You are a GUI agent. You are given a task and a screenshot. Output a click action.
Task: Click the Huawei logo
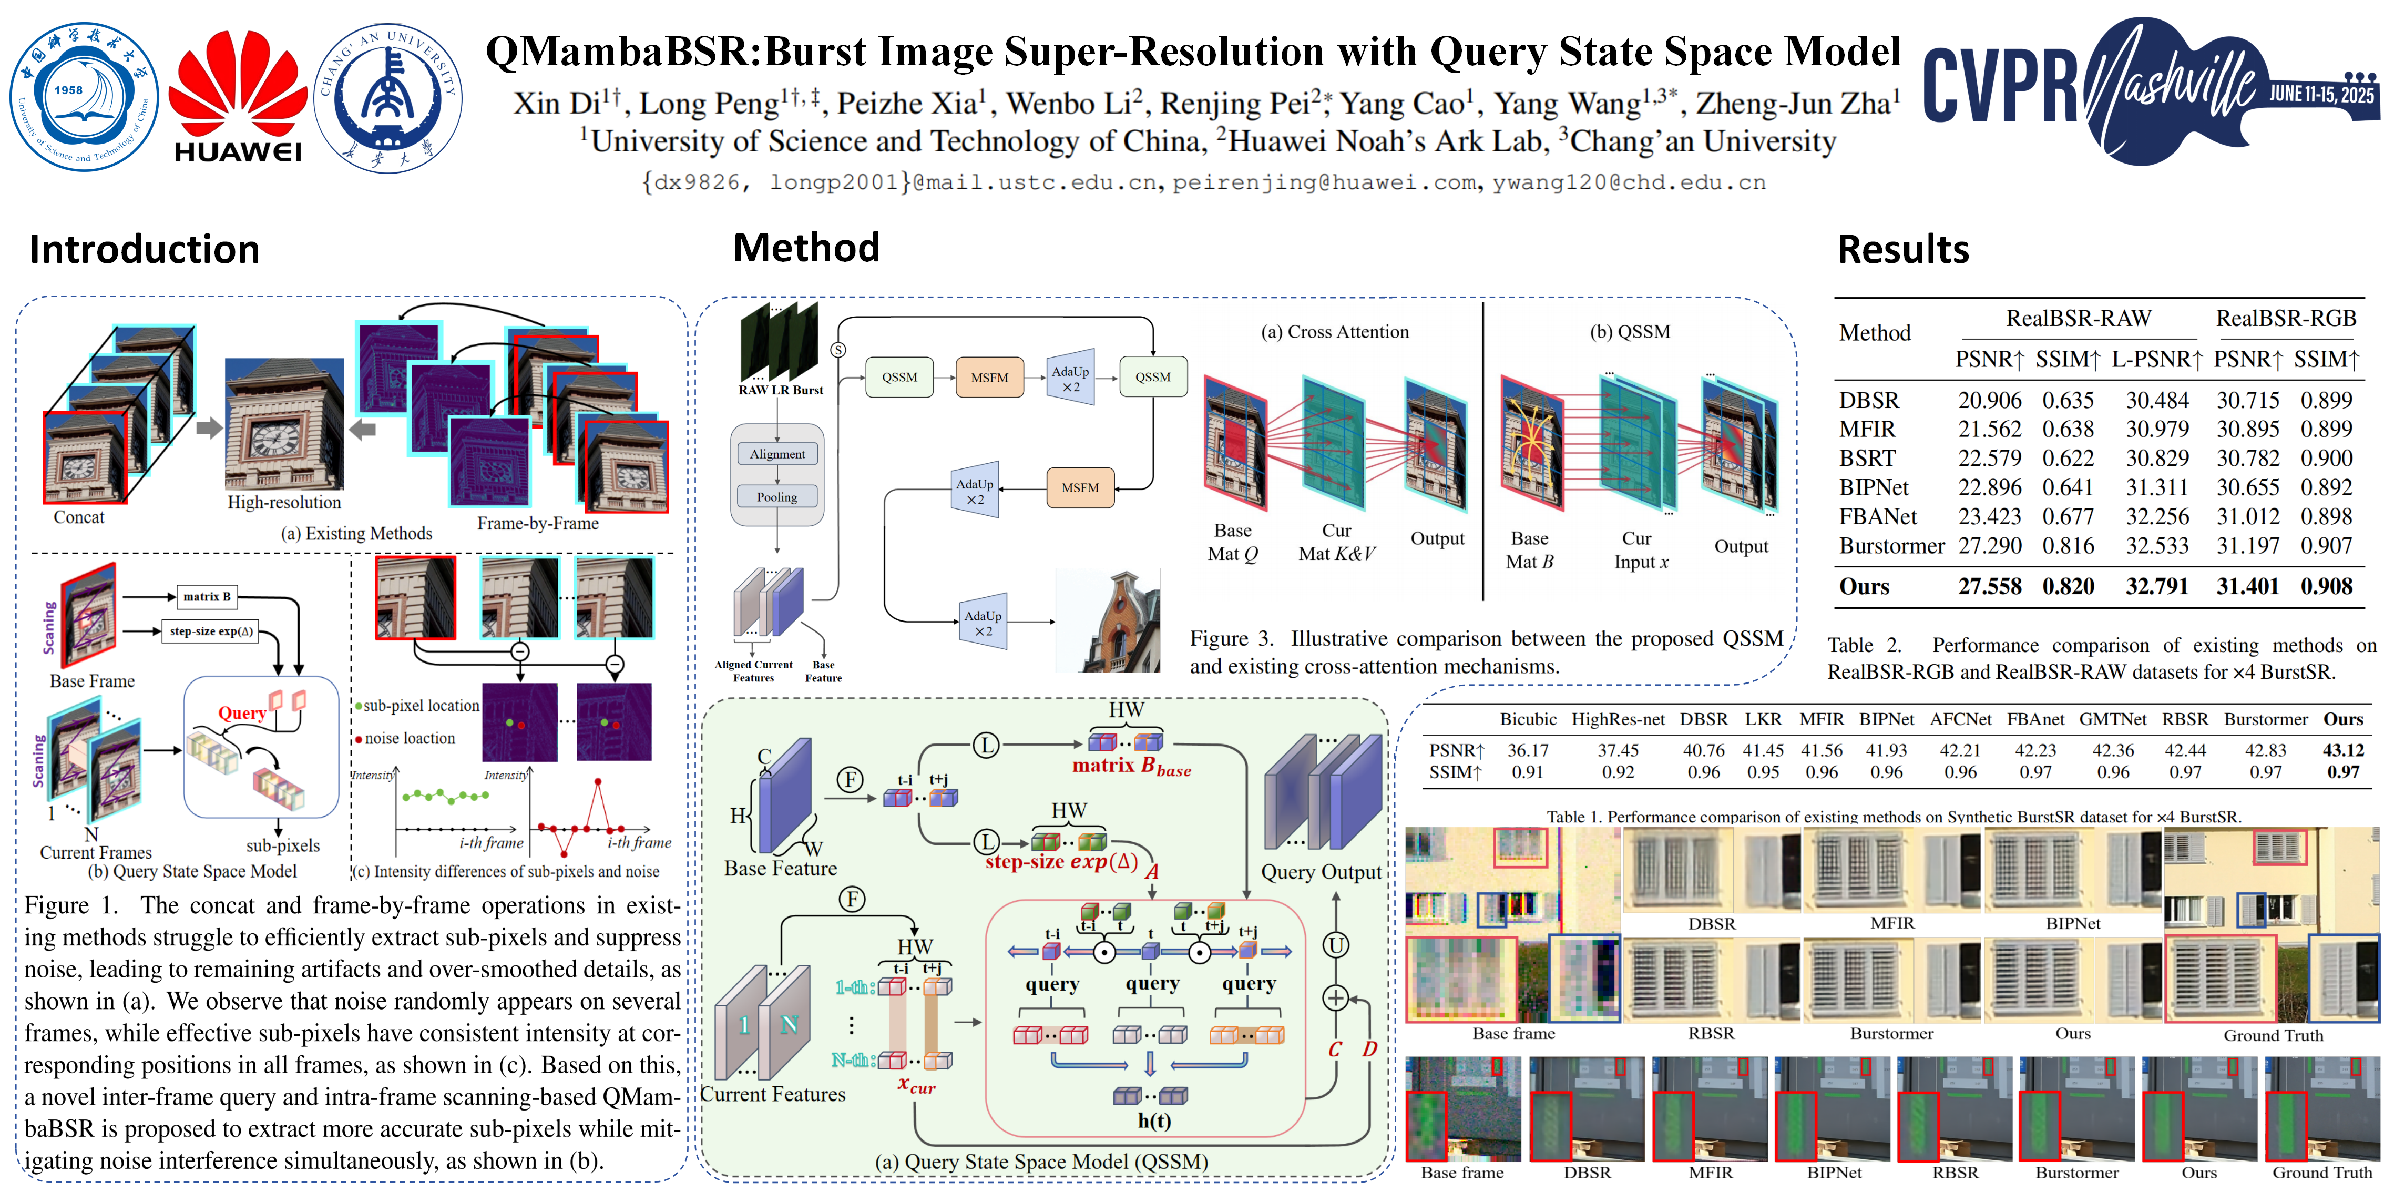(x=237, y=97)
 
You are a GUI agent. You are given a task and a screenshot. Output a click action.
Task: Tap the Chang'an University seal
(x=388, y=97)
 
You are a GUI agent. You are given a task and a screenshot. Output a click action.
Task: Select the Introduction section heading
(x=145, y=250)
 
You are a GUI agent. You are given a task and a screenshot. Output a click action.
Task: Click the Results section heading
(x=1903, y=250)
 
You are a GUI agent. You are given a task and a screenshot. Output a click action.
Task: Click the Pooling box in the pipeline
(x=777, y=497)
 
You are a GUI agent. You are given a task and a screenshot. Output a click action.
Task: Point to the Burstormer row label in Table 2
(x=1891, y=546)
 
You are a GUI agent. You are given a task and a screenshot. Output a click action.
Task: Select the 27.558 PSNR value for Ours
(x=1990, y=587)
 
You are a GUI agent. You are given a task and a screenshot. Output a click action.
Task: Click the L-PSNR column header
(x=2156, y=359)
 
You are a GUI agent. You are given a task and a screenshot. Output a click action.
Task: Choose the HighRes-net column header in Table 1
(x=1618, y=719)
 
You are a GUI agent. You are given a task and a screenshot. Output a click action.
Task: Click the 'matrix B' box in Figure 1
(x=207, y=597)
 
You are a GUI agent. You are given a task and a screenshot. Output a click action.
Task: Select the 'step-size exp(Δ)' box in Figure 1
(x=211, y=631)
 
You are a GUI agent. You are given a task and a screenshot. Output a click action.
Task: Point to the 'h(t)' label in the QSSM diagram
(x=1153, y=1120)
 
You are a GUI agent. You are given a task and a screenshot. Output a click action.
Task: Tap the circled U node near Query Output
(x=1335, y=945)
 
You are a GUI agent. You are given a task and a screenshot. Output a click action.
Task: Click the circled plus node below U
(x=1335, y=997)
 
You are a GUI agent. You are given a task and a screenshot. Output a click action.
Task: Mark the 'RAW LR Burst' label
(x=780, y=390)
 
